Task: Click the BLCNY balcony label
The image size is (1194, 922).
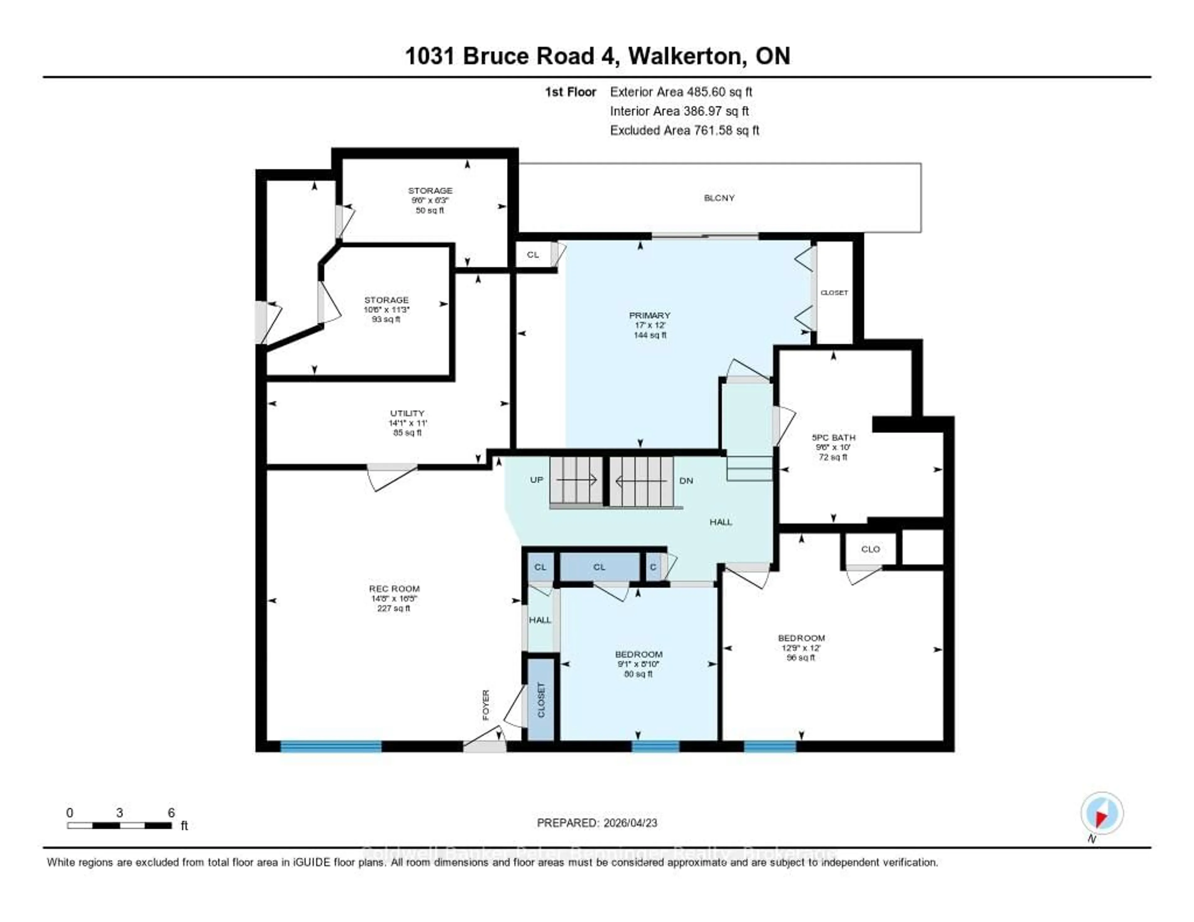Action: (719, 198)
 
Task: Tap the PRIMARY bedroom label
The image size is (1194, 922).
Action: (650, 315)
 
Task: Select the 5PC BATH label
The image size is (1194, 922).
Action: (833, 437)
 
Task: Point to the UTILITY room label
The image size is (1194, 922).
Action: (407, 413)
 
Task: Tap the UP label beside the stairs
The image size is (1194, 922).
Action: (536, 480)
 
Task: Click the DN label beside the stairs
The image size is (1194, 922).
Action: (686, 480)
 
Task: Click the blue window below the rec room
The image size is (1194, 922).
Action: (331, 747)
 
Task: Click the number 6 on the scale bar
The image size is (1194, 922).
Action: (171, 813)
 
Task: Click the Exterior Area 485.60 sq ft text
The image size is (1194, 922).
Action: (681, 92)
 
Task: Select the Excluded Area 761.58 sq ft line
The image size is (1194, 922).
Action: (684, 130)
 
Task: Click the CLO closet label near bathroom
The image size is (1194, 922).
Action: (870, 549)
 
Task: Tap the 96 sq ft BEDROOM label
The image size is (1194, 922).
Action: (802, 638)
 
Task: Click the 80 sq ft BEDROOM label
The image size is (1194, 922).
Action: (639, 654)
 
